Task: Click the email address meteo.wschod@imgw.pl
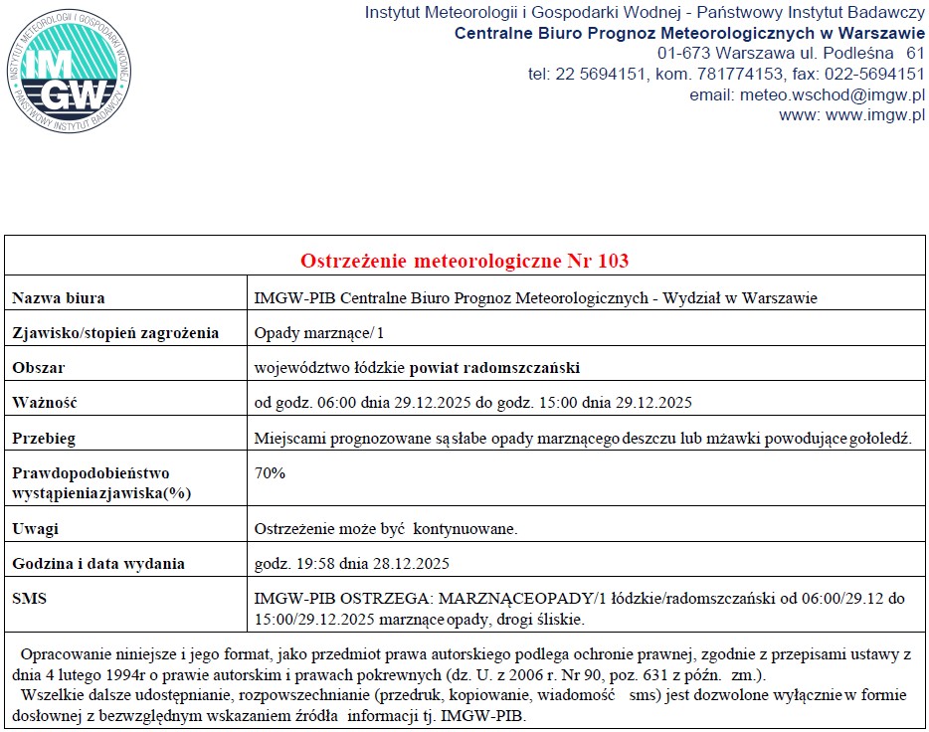(x=833, y=95)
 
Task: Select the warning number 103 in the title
(x=613, y=262)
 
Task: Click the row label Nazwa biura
(x=59, y=298)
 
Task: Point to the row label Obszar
(x=39, y=368)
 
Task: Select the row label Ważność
(x=45, y=403)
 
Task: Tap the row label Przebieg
(x=44, y=438)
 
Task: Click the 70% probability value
(x=270, y=473)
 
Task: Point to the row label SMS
(x=29, y=599)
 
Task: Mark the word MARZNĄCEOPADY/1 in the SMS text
(x=515, y=599)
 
